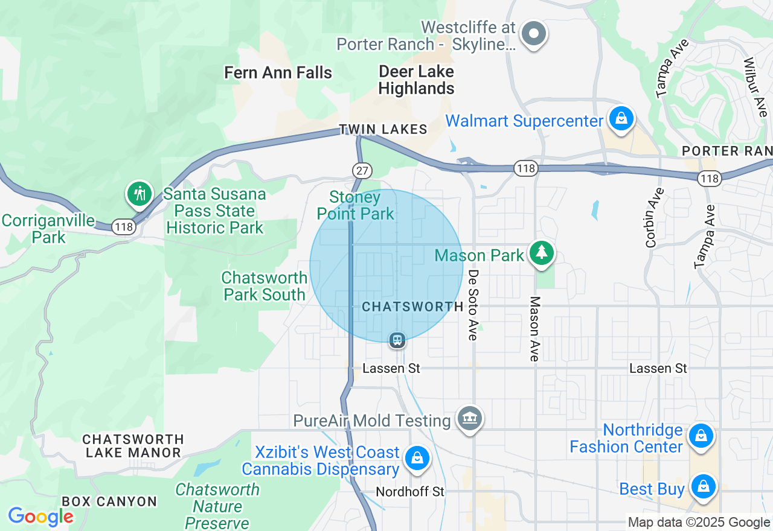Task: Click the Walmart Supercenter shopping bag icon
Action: coord(621,119)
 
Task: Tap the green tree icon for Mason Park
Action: coord(541,253)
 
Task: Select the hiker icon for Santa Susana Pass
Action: coord(140,194)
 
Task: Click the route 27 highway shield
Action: coord(362,171)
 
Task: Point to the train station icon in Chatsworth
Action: coord(397,340)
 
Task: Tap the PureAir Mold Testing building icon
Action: coord(469,418)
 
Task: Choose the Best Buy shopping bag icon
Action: coord(703,486)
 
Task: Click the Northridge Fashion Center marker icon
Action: coord(701,435)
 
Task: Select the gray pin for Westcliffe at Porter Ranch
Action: coord(533,34)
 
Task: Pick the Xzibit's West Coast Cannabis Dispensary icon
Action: coord(417,458)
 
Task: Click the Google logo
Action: coord(40,517)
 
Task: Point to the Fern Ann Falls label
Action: coord(278,73)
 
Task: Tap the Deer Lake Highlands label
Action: coord(416,80)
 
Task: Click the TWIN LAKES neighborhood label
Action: coord(383,129)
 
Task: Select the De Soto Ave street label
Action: coord(473,304)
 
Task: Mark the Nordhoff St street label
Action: coord(409,492)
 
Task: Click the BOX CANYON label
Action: coord(109,501)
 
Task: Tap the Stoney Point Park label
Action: coord(355,205)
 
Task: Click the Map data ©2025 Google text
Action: coord(699,522)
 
